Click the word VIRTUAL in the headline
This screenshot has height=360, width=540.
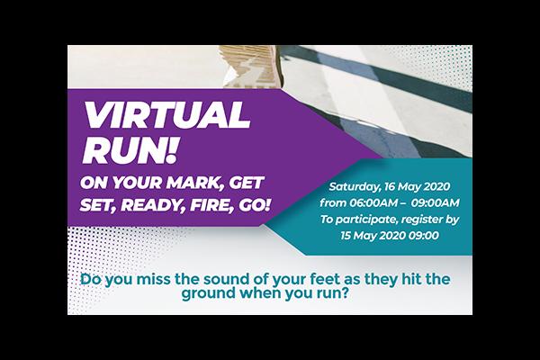tap(167, 115)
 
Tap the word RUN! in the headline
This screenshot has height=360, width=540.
tap(130, 150)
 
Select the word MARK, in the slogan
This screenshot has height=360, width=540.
tap(194, 183)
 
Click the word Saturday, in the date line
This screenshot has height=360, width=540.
tap(355, 187)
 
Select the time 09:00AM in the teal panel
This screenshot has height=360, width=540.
tap(435, 202)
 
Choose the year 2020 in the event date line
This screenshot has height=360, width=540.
tap(436, 186)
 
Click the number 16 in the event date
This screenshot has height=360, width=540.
tap(389, 186)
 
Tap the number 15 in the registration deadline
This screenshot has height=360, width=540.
tap(346, 236)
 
